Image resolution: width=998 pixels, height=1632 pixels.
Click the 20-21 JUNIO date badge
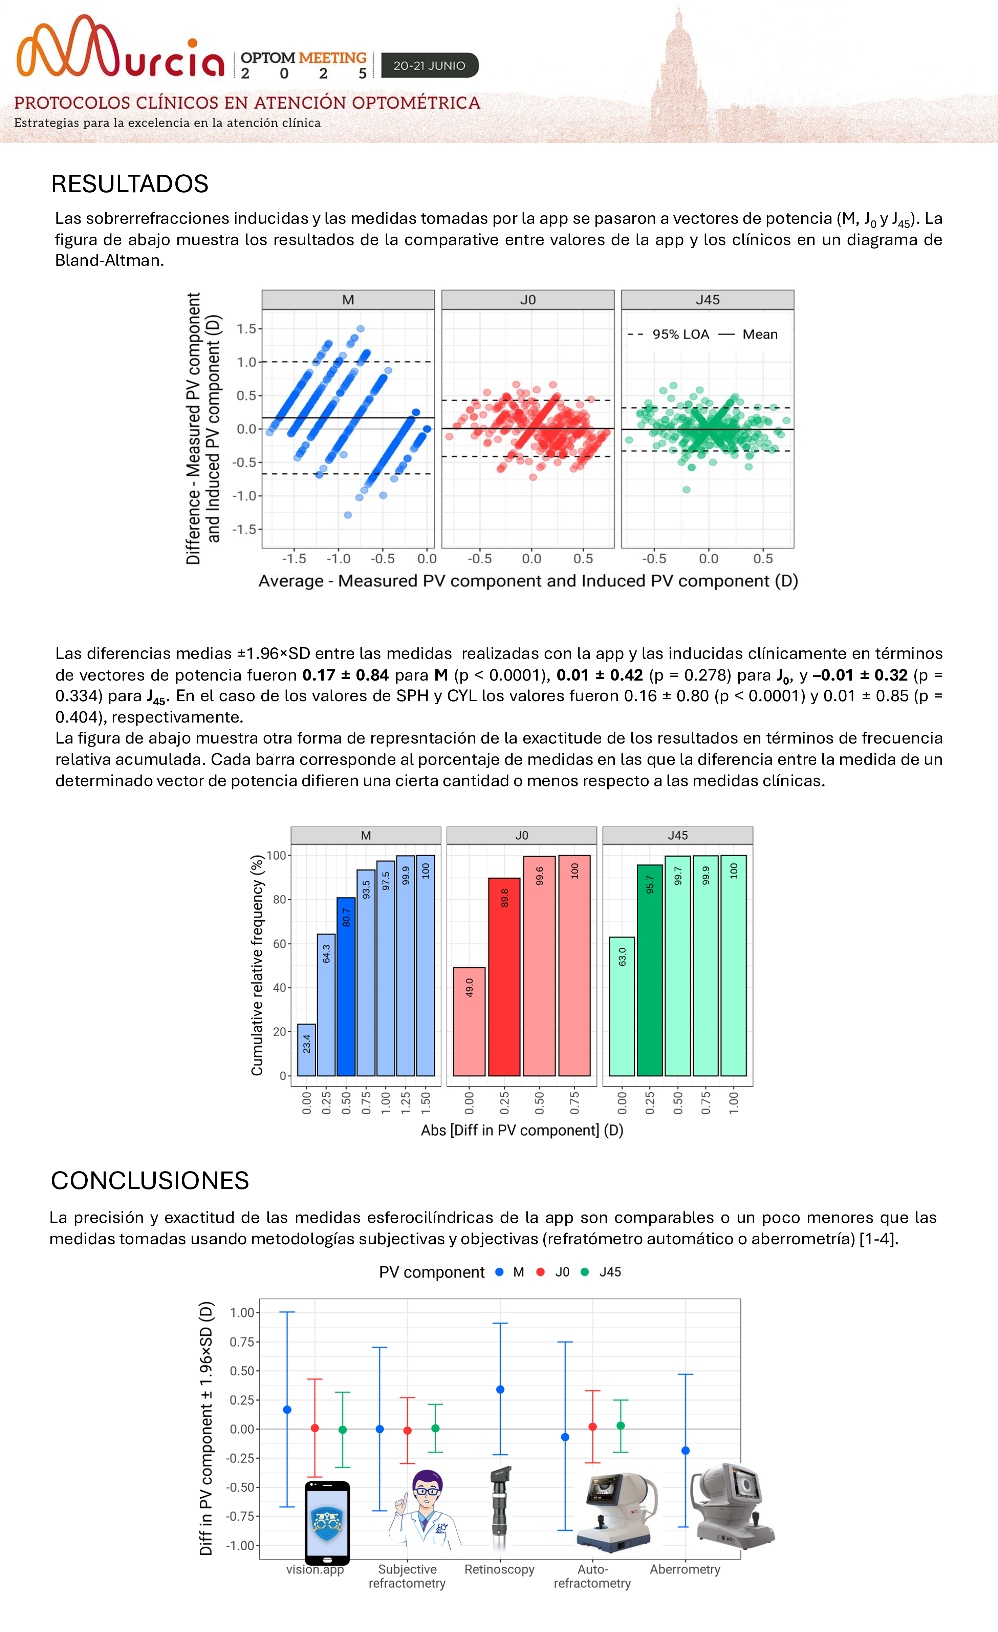[x=429, y=66]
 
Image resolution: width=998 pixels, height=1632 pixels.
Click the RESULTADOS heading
[x=130, y=184]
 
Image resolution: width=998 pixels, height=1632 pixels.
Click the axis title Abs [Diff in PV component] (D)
[x=522, y=1130]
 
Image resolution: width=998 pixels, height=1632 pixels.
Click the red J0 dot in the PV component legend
[x=540, y=1272]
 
